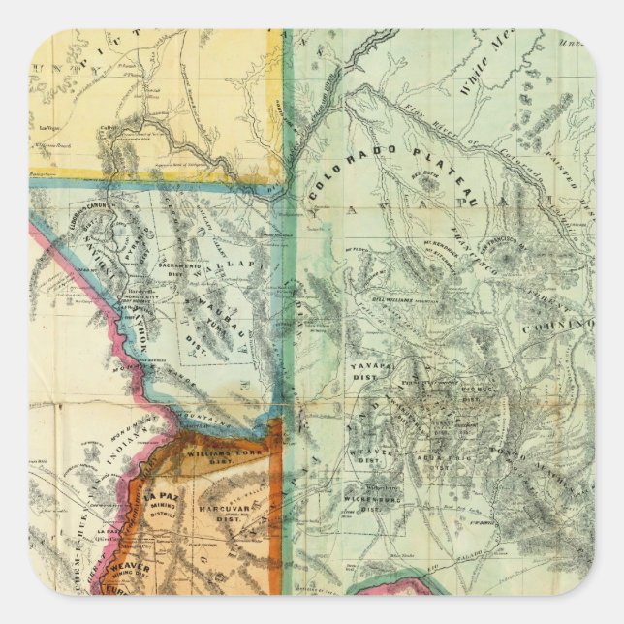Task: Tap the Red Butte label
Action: coord(423,176)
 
